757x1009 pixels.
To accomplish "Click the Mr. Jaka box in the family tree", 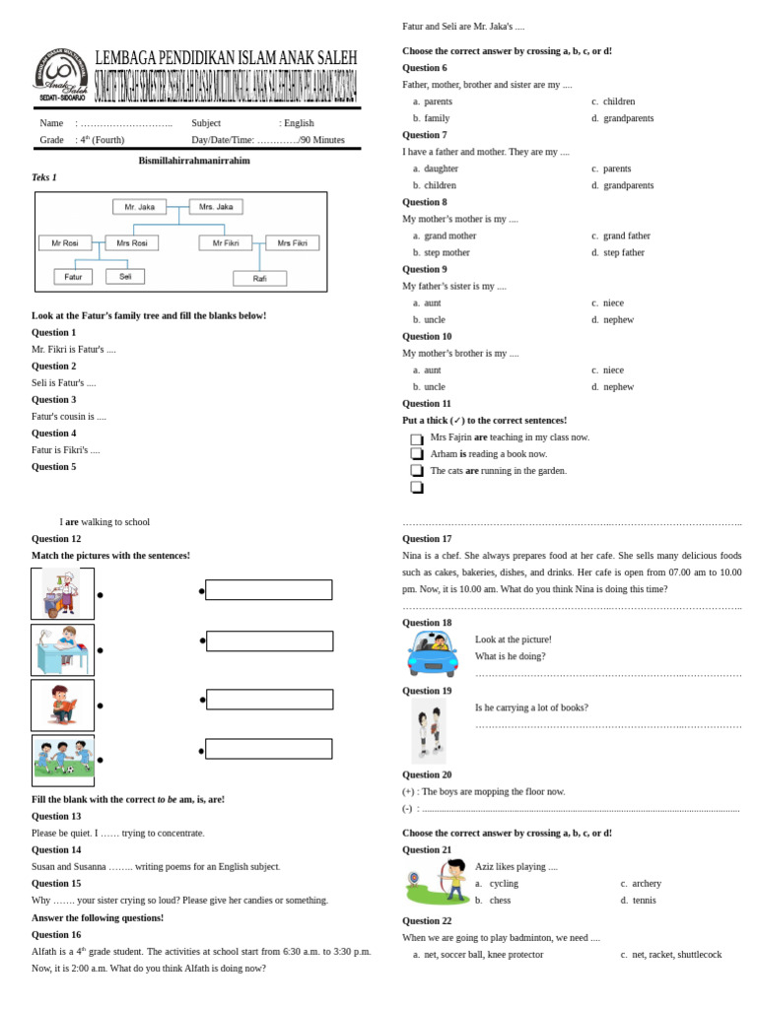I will tap(139, 207).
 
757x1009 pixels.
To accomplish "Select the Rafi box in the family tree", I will tap(259, 279).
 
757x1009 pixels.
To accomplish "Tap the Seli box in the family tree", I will tap(125, 277).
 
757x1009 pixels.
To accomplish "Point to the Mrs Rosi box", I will tap(131, 242).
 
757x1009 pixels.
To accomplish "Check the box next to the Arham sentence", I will tap(417, 454).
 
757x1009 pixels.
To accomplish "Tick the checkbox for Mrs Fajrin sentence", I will tap(417, 438).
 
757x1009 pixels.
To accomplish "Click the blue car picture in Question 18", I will tap(432, 653).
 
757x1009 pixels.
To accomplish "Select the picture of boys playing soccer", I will tap(63, 760).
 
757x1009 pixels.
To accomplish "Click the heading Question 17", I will tap(427, 539).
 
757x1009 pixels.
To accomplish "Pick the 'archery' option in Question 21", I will tap(647, 884).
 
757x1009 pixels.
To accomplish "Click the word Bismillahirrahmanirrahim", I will tap(194, 161).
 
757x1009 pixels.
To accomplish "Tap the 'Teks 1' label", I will tap(44, 177).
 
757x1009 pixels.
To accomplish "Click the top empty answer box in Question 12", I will tap(268, 590).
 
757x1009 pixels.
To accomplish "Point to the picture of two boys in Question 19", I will tap(429, 731).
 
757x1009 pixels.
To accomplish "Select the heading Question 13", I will tap(56, 816).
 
